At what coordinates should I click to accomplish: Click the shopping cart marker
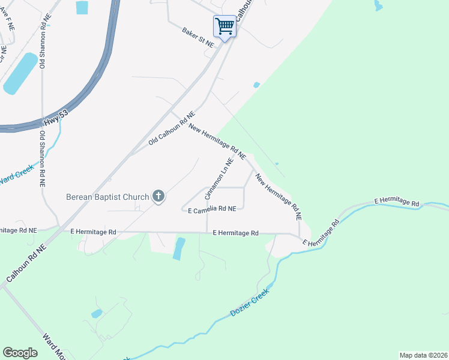point(224,26)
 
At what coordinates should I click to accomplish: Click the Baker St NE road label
point(198,37)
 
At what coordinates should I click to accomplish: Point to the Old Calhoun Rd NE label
point(172,129)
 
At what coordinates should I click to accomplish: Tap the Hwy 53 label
point(53,123)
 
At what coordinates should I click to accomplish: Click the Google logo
point(20,353)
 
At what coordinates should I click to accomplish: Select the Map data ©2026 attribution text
point(423,355)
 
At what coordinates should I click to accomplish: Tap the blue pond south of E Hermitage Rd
point(178,248)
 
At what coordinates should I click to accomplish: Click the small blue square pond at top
point(82,7)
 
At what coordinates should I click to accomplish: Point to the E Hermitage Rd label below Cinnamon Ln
point(235,233)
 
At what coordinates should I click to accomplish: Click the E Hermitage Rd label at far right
point(397,203)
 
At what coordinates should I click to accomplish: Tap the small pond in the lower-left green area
point(96,313)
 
